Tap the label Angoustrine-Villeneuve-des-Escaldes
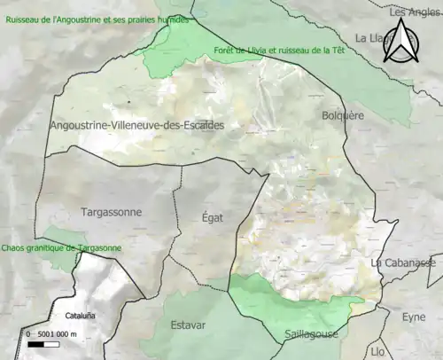(137, 125)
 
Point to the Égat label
(213, 217)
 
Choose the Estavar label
(187, 325)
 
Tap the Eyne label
(414, 317)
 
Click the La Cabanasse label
(405, 263)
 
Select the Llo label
(378, 352)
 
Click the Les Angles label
(415, 12)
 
